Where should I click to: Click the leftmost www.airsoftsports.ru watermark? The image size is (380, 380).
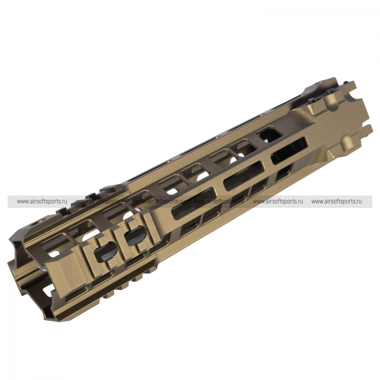(x=42, y=202)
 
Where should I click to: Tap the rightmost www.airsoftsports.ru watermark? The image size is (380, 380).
(x=337, y=202)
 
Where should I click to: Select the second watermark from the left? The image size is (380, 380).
(x=101, y=202)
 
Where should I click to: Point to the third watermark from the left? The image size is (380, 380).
(x=160, y=202)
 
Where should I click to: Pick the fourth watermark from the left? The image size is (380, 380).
(x=219, y=202)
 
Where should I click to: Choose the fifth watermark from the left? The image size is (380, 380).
(x=278, y=202)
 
